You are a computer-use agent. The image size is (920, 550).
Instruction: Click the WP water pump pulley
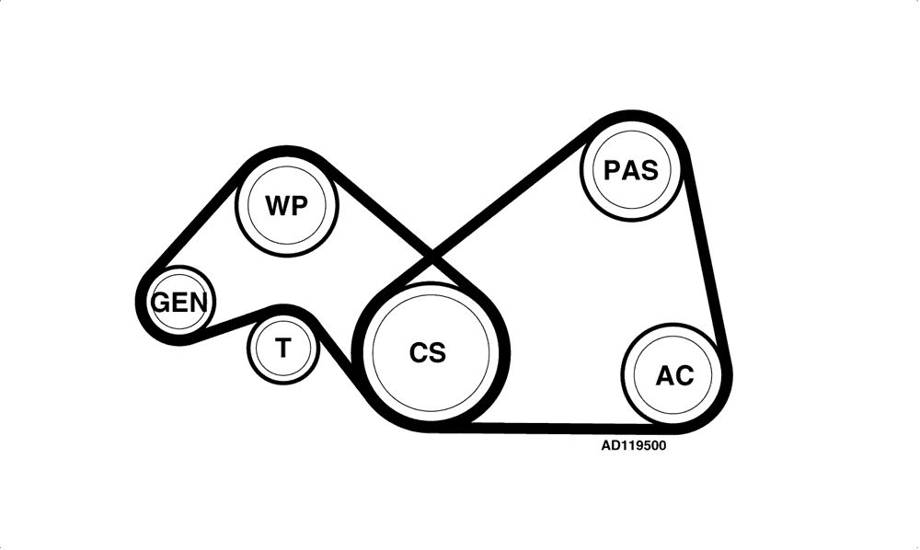coord(287,205)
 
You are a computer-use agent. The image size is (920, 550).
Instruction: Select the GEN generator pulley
coord(180,303)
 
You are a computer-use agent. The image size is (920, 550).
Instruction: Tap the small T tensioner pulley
coord(283,349)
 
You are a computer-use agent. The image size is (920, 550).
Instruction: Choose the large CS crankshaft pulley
coord(431,353)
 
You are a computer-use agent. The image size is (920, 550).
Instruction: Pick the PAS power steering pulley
coord(631,170)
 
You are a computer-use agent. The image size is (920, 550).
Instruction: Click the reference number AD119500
coord(634,446)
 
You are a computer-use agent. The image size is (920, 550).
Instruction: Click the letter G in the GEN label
coord(161,303)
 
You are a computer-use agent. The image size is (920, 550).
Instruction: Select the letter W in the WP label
coord(278,206)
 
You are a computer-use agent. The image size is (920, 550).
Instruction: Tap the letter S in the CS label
coord(436,353)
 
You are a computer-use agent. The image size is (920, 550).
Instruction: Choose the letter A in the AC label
coord(665,375)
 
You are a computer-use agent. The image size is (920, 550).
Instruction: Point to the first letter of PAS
coord(612,171)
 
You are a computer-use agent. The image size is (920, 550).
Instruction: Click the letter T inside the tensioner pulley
coord(283,348)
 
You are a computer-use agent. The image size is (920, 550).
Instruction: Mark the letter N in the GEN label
coord(199,303)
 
